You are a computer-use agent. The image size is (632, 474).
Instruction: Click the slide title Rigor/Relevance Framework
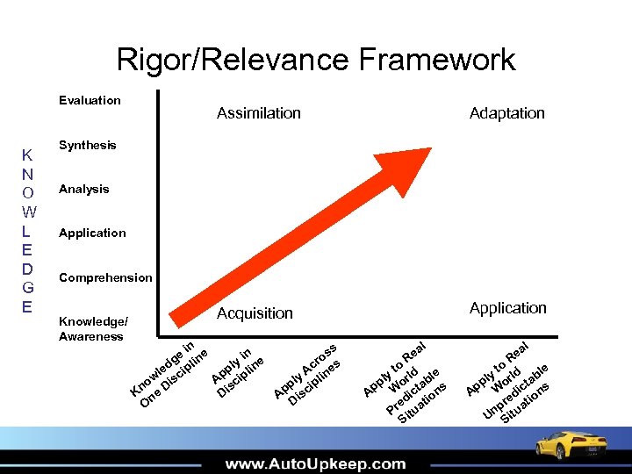[316, 60]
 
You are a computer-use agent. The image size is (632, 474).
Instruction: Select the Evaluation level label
[90, 100]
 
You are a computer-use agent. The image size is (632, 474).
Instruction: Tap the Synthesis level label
[87, 145]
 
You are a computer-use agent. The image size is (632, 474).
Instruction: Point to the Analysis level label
[83, 189]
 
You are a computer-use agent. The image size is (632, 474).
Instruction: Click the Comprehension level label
[105, 277]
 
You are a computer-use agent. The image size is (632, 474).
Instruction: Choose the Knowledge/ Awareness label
[93, 328]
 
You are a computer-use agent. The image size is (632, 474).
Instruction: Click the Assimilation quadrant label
[258, 112]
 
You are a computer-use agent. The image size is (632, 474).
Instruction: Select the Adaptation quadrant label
[506, 112]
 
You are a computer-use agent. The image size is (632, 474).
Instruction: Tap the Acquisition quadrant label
[255, 313]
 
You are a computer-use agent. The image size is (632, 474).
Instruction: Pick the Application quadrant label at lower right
[507, 307]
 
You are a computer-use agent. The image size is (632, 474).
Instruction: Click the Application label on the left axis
[92, 233]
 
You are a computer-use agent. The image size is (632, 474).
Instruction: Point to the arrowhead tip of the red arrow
[430, 151]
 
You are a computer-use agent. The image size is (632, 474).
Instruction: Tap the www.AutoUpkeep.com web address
[315, 463]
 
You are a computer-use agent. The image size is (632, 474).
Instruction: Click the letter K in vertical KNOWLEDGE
[27, 156]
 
